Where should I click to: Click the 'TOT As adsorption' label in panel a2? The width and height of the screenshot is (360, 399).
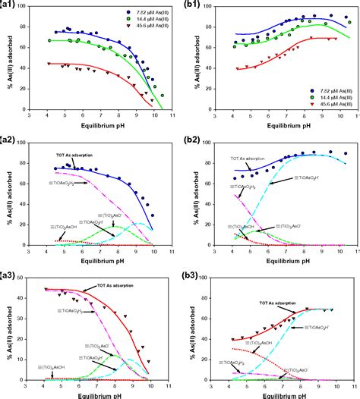(76, 156)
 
